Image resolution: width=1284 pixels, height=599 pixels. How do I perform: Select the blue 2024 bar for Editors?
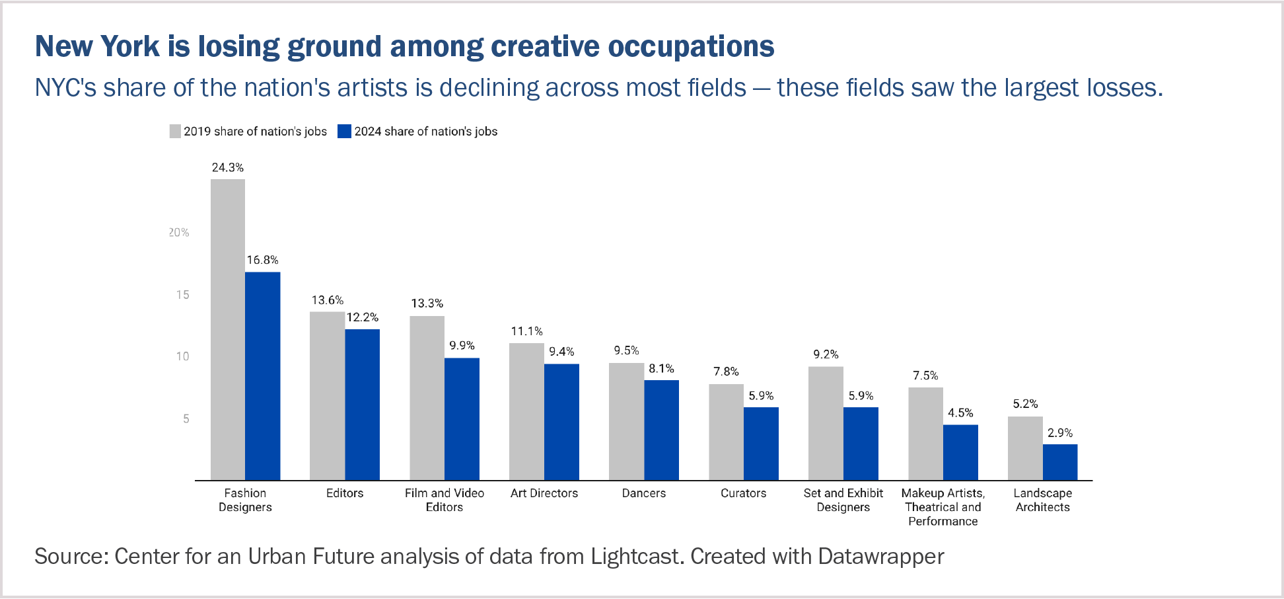pyautogui.click(x=362, y=405)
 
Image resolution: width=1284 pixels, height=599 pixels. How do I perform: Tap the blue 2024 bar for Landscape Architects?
pyautogui.click(x=1060, y=462)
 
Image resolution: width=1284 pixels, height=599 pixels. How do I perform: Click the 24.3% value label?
pyautogui.click(x=228, y=168)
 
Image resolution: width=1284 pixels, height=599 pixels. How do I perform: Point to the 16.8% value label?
pyautogui.click(x=263, y=260)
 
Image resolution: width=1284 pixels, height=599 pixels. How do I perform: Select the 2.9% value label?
pyautogui.click(x=1060, y=433)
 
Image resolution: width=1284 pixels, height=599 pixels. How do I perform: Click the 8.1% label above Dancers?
pyautogui.click(x=661, y=369)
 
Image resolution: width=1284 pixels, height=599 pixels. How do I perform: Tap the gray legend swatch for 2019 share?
pyautogui.click(x=175, y=131)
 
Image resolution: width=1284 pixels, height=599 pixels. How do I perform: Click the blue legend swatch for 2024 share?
pyautogui.click(x=344, y=131)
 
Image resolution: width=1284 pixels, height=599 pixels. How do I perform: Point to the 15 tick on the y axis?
pyautogui.click(x=183, y=295)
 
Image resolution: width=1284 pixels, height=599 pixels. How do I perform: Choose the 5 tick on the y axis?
pyautogui.click(x=186, y=419)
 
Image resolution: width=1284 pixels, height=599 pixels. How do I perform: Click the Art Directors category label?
pyautogui.click(x=544, y=493)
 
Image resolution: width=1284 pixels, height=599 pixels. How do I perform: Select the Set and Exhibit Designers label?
pyautogui.click(x=843, y=500)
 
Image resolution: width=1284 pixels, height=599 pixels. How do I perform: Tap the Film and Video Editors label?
pyautogui.click(x=445, y=500)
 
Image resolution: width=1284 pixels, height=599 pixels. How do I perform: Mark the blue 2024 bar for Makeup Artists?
pyautogui.click(x=960, y=452)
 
